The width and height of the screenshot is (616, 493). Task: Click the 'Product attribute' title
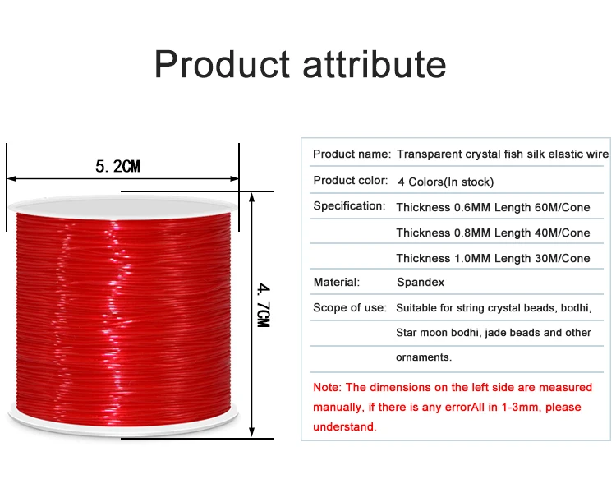pos(300,65)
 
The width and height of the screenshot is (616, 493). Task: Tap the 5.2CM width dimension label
pos(117,167)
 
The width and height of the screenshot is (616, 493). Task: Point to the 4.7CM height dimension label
pos(264,305)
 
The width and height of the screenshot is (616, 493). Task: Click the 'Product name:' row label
pos(352,154)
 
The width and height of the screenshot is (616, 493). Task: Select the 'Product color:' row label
pos(350,181)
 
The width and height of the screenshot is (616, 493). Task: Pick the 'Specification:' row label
pos(349,206)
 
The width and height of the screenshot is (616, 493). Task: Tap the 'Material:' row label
pos(336,283)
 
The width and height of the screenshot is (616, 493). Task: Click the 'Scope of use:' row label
pos(350,308)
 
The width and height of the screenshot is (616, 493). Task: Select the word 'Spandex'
pos(421,283)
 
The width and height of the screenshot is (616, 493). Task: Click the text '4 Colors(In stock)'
pos(445,182)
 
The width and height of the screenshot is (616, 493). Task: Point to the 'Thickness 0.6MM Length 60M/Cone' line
pos(493,207)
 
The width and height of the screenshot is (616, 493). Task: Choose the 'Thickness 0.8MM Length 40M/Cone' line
pos(493,233)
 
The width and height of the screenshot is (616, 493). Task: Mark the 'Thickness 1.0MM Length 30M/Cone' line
pos(493,258)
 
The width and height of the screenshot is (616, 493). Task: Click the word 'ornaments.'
pos(424,358)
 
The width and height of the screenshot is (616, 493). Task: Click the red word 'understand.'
pos(344,426)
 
